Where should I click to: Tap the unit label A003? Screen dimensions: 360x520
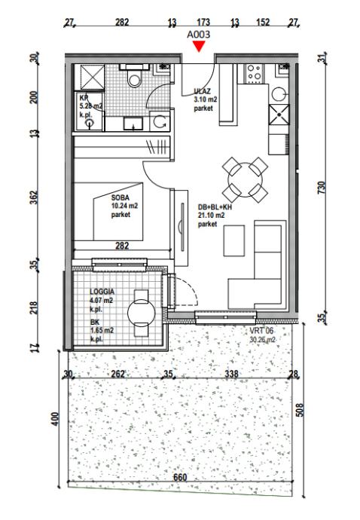(199, 35)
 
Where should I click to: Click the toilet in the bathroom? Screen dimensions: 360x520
(135, 77)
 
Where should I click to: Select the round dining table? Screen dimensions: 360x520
(246, 180)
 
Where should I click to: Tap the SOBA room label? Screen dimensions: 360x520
(121, 198)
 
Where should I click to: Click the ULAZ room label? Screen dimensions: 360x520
(202, 91)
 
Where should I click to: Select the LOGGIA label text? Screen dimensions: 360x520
(102, 292)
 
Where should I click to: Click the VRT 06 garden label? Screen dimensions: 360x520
(261, 331)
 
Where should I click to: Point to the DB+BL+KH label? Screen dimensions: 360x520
(215, 207)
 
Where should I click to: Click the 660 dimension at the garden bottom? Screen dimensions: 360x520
(180, 477)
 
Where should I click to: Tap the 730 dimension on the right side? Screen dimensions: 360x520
(322, 188)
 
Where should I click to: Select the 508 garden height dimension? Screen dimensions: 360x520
(299, 410)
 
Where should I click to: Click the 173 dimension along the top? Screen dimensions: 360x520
(203, 22)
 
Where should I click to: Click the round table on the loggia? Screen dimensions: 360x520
(142, 313)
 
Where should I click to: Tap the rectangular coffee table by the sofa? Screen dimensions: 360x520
(234, 240)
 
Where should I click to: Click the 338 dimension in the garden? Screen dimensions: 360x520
(231, 374)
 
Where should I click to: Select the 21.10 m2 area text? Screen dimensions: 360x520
(211, 216)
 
